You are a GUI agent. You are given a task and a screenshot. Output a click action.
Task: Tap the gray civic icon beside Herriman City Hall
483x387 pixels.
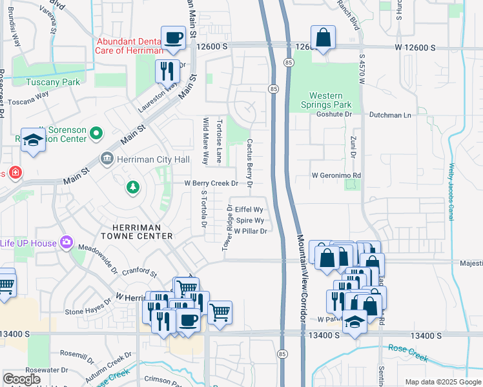107,159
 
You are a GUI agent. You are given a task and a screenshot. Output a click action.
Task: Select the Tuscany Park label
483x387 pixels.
52,82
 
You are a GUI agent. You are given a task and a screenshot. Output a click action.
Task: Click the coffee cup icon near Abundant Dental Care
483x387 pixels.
173,38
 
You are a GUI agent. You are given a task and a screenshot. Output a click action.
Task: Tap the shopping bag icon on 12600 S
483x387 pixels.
323,38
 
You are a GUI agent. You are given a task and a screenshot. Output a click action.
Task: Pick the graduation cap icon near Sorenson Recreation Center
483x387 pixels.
32,140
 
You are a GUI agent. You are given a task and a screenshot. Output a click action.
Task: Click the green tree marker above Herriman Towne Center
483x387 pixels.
132,187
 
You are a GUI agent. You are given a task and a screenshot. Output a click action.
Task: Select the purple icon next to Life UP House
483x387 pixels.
66,241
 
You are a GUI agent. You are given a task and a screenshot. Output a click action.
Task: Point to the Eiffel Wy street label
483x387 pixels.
249,210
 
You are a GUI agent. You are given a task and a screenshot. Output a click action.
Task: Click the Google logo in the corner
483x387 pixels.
22,379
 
